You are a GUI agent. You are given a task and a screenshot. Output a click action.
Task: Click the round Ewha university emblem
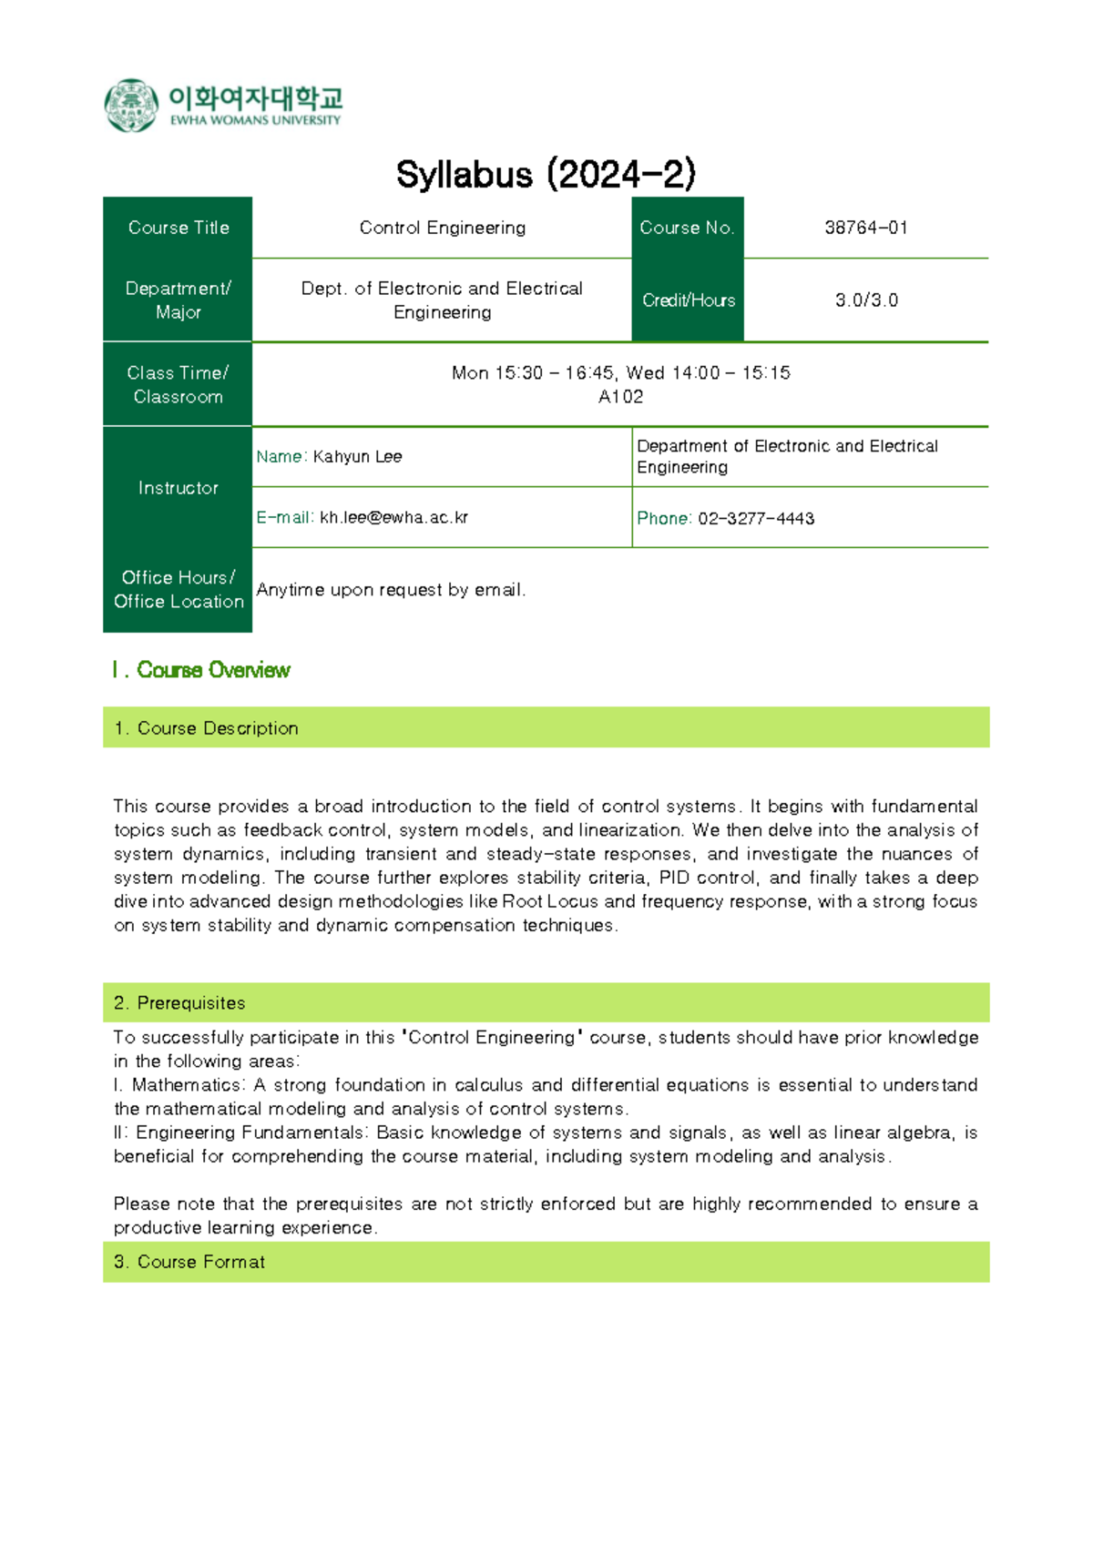pos(131,106)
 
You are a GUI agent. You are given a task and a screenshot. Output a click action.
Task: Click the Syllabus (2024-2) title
pos(546,175)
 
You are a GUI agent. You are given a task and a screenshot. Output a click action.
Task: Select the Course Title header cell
pos(178,228)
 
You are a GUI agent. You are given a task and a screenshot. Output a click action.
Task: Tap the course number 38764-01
pos(865,228)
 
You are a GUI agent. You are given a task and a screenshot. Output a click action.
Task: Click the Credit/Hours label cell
pos(688,300)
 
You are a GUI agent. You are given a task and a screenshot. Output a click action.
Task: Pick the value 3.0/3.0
pos(865,300)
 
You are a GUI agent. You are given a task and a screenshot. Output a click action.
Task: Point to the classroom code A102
pos(620,397)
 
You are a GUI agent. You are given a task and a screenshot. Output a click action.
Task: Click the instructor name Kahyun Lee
pos(357,457)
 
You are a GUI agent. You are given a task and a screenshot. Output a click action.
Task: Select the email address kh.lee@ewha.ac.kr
pos(393,518)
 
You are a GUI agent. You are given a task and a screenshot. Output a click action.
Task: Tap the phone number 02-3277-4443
pos(755,519)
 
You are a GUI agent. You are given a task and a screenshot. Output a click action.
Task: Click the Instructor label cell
pos(178,488)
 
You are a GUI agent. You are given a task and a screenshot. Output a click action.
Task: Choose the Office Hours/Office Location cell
pos(178,589)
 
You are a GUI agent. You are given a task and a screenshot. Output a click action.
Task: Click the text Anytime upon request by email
pos(391,590)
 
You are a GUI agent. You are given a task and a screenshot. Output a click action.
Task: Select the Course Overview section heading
pos(212,670)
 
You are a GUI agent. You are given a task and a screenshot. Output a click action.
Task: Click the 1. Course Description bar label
pos(217,728)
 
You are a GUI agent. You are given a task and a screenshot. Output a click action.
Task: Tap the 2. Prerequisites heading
pos(190,1003)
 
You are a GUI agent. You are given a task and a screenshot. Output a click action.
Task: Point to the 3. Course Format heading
pos(200,1262)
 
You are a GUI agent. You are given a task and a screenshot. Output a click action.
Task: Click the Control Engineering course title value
pos(442,228)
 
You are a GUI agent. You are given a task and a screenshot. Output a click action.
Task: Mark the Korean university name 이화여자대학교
pos(255,97)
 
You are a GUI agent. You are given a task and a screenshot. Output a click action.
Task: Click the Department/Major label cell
pos(178,300)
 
